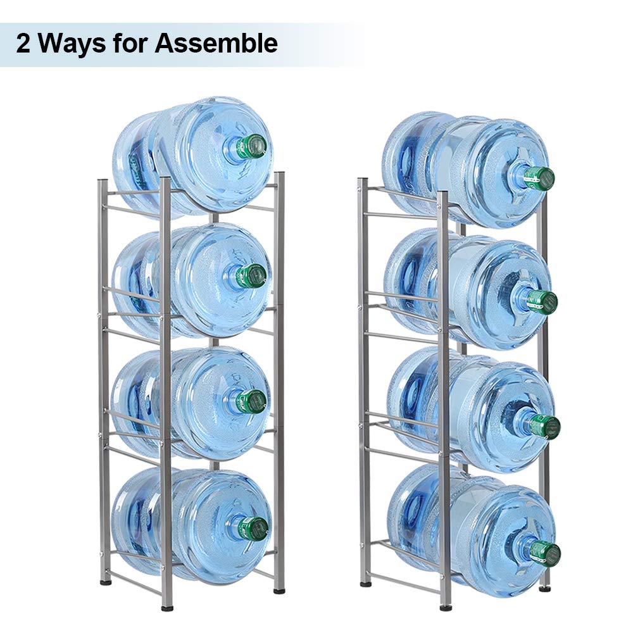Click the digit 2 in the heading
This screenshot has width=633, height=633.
pos(23,44)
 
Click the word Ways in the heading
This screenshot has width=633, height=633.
pos(72,44)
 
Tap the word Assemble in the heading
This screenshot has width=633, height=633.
pos(216,43)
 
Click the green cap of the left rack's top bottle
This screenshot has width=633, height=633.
pos(251,146)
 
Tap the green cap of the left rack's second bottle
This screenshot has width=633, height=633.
pos(251,276)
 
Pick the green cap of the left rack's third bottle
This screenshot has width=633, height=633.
pos(251,401)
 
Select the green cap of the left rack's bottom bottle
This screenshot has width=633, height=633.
pos(253,529)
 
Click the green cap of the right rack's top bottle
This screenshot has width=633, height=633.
pos(539,178)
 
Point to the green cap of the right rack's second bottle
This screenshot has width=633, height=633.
pos(542,302)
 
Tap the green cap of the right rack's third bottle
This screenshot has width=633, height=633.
pos(545,426)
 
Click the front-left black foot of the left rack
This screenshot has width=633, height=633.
pos(166,608)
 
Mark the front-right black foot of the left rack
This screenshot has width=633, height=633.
pos(279,591)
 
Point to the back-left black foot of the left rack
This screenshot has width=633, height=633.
pos(106,582)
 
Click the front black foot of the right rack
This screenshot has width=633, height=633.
pos(446,608)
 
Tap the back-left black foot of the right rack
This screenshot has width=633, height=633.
pos(366,584)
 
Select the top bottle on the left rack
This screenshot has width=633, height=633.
pos(193,157)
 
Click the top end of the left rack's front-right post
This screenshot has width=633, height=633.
pos(279,173)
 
